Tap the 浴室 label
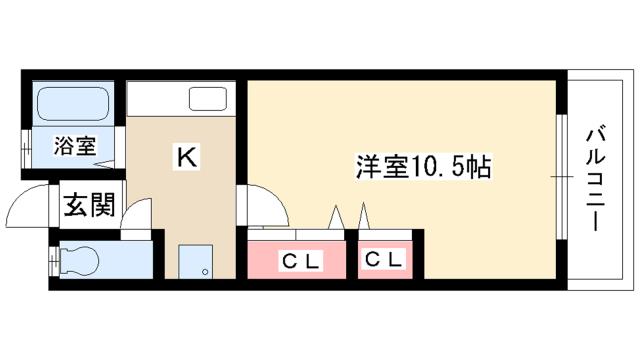[x=74, y=145]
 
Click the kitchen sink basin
[x=210, y=99]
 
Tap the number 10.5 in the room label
[x=438, y=167]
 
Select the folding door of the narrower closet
[x=365, y=218]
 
